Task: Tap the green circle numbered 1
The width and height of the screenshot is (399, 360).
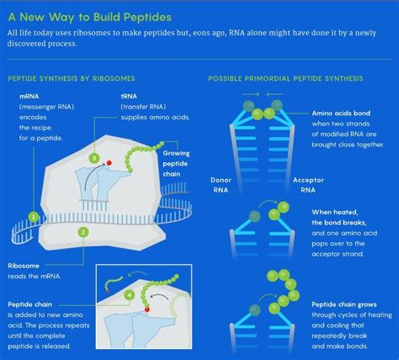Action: [x=34, y=216]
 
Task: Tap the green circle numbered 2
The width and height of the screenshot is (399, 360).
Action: [x=82, y=231]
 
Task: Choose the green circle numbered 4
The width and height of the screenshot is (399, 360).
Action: [x=129, y=296]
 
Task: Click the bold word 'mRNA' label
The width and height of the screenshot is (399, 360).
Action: [x=29, y=98]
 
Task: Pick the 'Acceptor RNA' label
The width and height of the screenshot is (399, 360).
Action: [x=308, y=184]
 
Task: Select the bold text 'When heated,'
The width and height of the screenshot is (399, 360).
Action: [x=336, y=212]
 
